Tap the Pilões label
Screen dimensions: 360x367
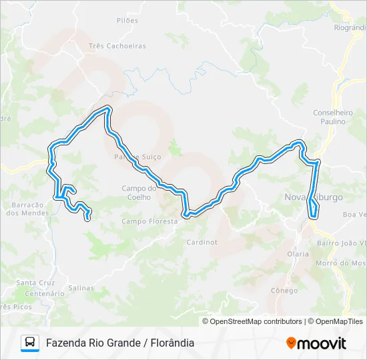pyautogui.click(x=127, y=21)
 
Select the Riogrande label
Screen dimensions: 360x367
pyautogui.click(x=350, y=27)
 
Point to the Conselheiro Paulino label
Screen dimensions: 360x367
pyautogui.click(x=332, y=117)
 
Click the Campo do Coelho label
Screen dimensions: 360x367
pyautogui.click(x=139, y=192)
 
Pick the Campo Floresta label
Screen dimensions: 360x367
pyautogui.click(x=149, y=221)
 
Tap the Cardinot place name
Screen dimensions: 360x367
pyautogui.click(x=202, y=242)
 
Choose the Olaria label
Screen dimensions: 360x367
pyautogui.click(x=298, y=254)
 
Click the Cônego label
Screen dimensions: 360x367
pyautogui.click(x=284, y=291)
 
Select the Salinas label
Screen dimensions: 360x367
pyautogui.click(x=81, y=288)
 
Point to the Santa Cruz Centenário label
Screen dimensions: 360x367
pyautogui.click(x=44, y=288)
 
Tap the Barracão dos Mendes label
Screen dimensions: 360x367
pyautogui.click(x=27, y=209)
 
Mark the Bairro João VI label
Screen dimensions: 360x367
pyautogui.click(x=343, y=244)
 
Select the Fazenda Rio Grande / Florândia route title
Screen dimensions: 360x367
pyautogui.click(x=120, y=343)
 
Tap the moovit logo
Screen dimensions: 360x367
pyautogui.click(x=316, y=343)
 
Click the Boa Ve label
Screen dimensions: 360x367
pyautogui.click(x=354, y=215)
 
